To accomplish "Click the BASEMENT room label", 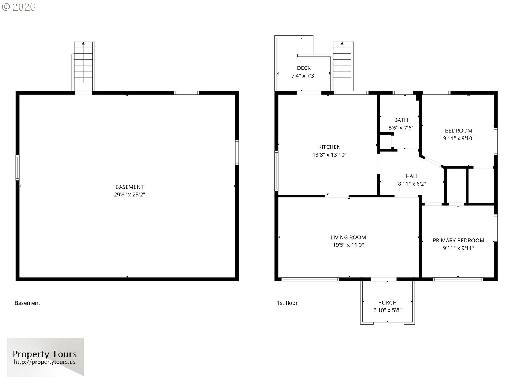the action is (129, 187).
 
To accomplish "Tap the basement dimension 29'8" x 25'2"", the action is (129, 195).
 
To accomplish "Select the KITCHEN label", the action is (330, 147).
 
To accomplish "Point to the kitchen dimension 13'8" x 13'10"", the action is (330, 155).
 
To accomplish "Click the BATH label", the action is (401, 120).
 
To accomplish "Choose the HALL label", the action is (412, 176).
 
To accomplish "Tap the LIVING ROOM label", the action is (348, 237).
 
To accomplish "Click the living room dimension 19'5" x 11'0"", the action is (348, 245).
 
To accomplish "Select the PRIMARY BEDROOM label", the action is (458, 241).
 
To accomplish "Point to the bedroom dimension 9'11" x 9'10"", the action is (459, 138).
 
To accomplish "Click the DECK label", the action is (304, 68).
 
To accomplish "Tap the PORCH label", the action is (387, 303).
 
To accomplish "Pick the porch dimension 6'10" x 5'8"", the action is (387, 310).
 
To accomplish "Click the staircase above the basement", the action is (83, 67).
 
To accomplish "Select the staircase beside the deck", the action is (343, 67).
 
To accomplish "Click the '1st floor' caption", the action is (287, 303).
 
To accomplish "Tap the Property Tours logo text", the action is (45, 354).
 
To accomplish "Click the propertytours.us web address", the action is (45, 362).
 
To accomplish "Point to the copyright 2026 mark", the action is (19, 7).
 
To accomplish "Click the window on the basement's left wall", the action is (18, 167).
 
